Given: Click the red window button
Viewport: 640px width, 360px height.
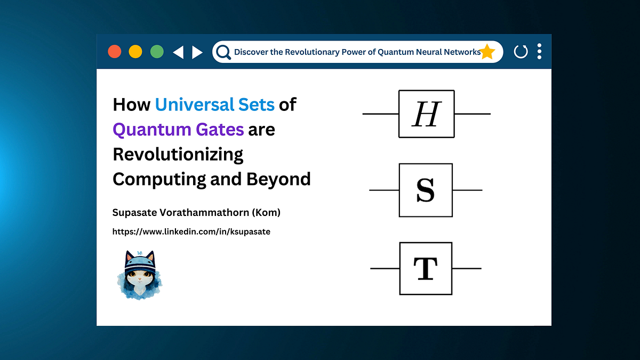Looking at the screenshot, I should [x=115, y=52].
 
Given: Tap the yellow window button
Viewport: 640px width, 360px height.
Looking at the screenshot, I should [x=135, y=52].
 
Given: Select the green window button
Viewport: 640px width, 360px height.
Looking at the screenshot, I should [x=157, y=52].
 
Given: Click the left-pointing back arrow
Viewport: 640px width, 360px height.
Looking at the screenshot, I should [x=178, y=52].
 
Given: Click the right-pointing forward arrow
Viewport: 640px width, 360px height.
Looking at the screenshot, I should [x=197, y=52].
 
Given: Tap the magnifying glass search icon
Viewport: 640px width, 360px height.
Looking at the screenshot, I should [x=223, y=52].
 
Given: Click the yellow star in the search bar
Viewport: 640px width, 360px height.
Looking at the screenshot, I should [x=487, y=52].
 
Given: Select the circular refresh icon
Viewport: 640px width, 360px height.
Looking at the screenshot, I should [x=521, y=52].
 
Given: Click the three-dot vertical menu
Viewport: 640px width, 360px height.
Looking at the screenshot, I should [x=539, y=51].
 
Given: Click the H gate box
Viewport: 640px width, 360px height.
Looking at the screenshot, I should [x=426, y=114].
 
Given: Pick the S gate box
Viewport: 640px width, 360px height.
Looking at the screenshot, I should [x=426, y=190].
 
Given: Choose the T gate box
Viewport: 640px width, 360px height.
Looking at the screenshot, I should [x=426, y=268].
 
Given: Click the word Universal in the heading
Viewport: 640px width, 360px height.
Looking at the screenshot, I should [x=187, y=105].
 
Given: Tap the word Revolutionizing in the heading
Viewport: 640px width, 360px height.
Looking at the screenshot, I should [x=178, y=155].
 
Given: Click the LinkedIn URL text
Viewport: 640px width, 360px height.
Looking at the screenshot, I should [x=191, y=232].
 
